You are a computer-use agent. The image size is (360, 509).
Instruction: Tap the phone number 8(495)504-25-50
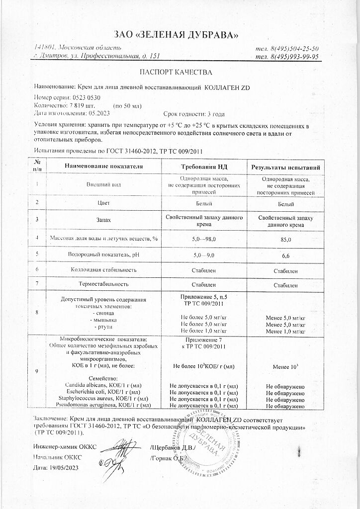click(293, 48)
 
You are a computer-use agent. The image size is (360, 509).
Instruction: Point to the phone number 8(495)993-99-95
click(293, 57)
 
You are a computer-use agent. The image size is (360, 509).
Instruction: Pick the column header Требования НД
click(204, 165)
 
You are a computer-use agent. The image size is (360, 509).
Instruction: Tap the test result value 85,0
click(285, 240)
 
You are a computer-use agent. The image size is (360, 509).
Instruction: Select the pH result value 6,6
click(285, 255)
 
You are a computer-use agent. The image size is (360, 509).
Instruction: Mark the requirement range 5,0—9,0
click(204, 255)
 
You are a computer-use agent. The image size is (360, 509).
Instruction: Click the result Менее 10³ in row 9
click(286, 366)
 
